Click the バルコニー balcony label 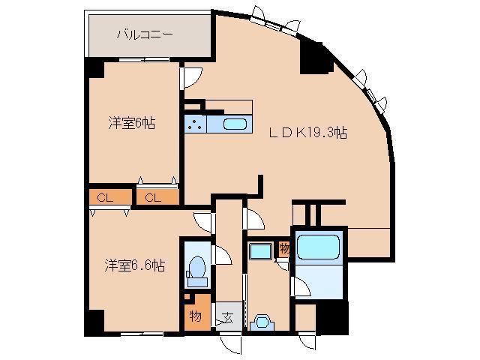coord(145,34)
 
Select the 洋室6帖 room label coord(130,124)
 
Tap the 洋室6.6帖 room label coord(134,265)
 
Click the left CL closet coord(105,198)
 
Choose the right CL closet coord(153,198)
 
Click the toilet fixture coord(196,268)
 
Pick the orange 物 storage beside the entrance coord(193,316)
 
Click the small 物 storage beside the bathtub coord(284,248)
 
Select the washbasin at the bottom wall coord(262,322)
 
